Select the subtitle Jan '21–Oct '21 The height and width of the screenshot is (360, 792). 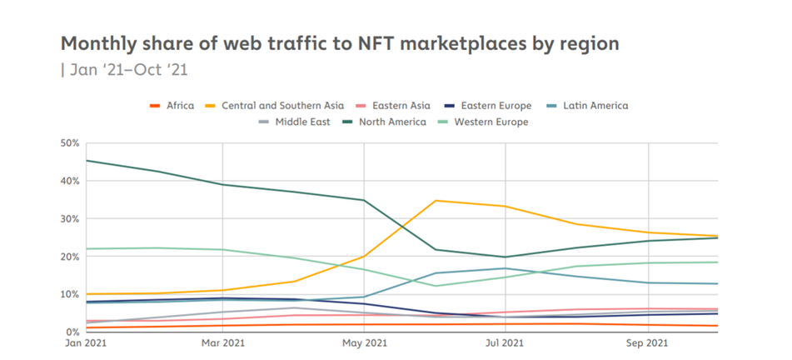coord(124,69)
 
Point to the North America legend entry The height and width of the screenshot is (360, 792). coord(392,122)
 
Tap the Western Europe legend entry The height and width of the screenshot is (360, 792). coord(487,122)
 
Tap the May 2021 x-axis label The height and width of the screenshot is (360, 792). coord(364,342)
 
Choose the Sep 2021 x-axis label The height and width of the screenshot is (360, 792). coord(645,342)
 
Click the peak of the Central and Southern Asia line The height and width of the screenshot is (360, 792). coord(435,201)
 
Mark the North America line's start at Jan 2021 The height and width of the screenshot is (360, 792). coord(87,161)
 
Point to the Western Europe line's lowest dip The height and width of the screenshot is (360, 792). coord(435,286)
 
